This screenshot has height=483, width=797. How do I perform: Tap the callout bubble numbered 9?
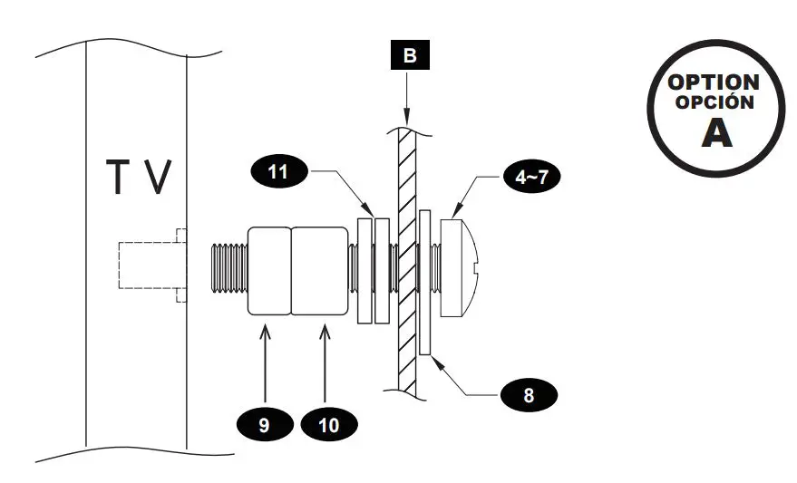click(263, 423)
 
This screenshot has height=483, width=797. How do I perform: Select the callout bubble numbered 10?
click(328, 423)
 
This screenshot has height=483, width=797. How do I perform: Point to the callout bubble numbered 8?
click(528, 395)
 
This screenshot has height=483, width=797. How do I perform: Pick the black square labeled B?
click(410, 56)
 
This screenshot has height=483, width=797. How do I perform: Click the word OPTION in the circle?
click(714, 82)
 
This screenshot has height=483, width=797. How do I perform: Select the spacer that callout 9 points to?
click(269, 270)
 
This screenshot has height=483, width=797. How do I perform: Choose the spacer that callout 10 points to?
click(319, 270)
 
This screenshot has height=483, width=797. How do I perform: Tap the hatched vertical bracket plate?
click(405, 263)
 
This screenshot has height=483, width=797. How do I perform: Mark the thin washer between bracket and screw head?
click(425, 281)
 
